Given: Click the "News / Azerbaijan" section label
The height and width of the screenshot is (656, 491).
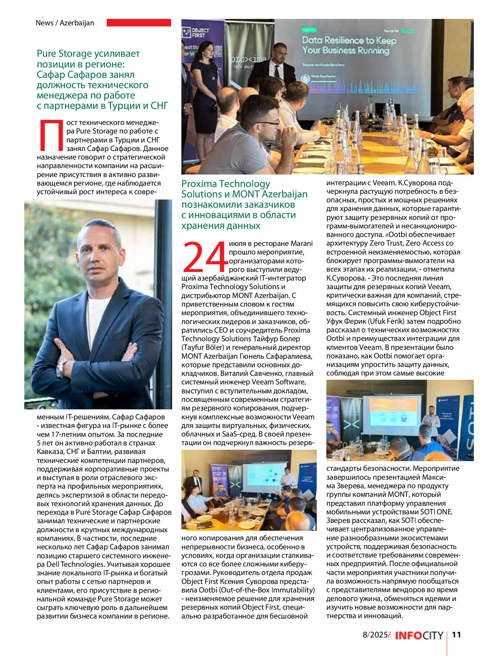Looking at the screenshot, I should click(x=65, y=23).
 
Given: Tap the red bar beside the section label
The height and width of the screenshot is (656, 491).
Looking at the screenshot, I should click(x=139, y=22).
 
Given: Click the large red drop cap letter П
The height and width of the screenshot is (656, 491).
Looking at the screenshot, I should click(x=50, y=136).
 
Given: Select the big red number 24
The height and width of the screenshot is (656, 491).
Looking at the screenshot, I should click(x=205, y=257).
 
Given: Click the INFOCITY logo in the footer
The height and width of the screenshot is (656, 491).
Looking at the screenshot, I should click(x=419, y=635).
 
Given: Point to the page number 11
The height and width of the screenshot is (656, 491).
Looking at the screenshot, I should click(x=456, y=635).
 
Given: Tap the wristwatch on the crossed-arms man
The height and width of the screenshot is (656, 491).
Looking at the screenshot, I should click(x=62, y=368).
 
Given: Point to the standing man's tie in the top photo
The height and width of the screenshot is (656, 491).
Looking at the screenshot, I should click(x=277, y=71).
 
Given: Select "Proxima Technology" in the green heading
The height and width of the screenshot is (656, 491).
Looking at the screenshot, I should click(x=226, y=184).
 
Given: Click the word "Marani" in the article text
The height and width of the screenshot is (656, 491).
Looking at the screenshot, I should click(x=301, y=243).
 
